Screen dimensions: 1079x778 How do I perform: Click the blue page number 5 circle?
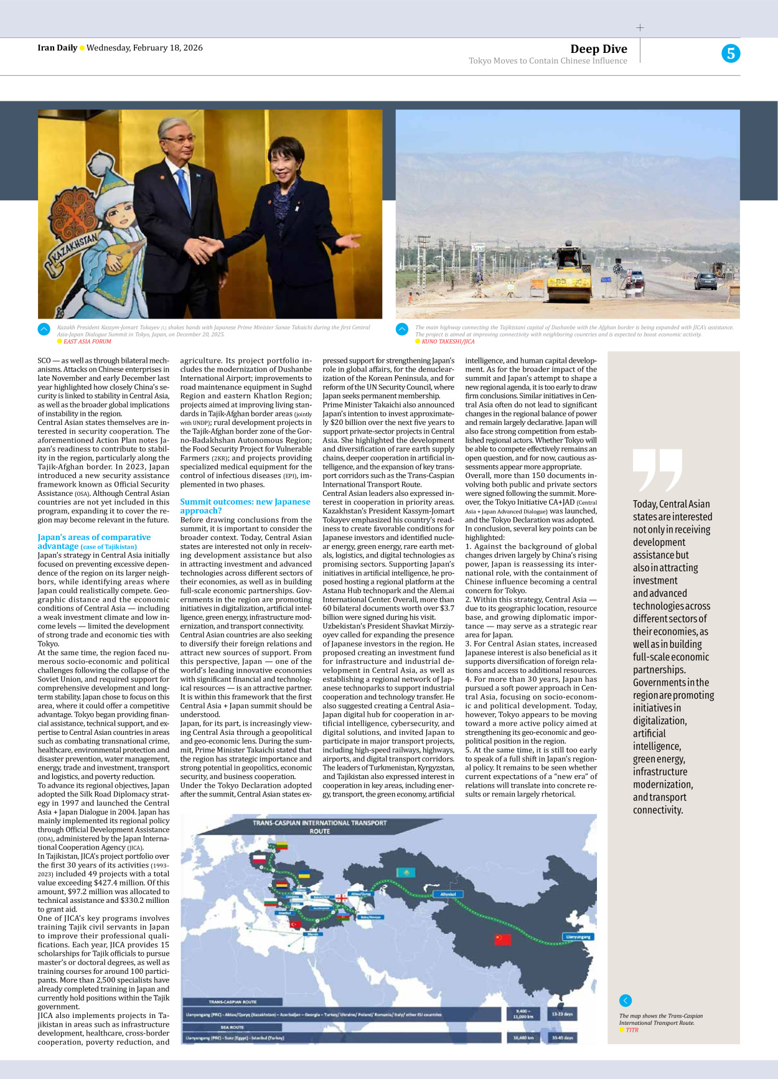click(731, 54)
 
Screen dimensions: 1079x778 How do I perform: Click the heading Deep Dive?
click(598, 49)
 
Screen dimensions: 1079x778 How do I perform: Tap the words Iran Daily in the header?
click(57, 48)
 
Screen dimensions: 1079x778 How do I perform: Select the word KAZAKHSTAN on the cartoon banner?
click(74, 248)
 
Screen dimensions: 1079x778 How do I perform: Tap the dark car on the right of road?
click(706, 281)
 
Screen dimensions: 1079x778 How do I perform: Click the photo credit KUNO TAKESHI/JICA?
click(448, 342)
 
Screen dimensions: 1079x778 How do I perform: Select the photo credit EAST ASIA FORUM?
click(87, 342)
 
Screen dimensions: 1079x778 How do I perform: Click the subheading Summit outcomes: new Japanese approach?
click(245, 506)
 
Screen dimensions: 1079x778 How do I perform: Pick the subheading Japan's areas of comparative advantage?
click(94, 541)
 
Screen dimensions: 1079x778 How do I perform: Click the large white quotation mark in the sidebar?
click(657, 470)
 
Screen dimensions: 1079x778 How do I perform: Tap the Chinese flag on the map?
click(502, 940)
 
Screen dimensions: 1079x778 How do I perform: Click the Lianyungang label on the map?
click(578, 937)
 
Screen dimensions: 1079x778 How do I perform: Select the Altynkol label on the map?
click(448, 894)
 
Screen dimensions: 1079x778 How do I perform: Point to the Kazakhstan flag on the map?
click(406, 872)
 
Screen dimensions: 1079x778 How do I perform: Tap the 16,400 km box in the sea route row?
click(523, 1038)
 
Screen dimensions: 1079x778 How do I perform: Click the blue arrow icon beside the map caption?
click(626, 1001)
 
